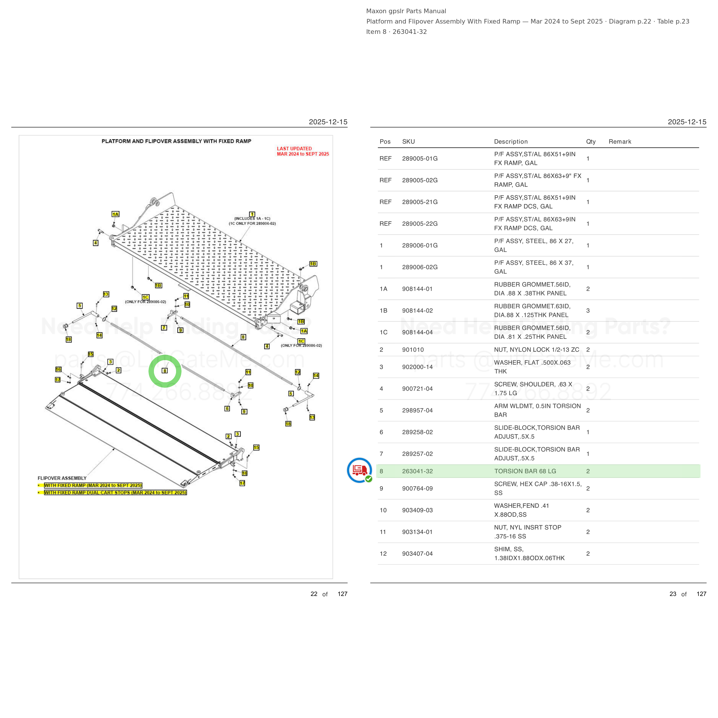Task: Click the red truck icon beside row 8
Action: pos(359,470)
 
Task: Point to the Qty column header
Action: pos(591,142)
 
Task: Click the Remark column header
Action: pos(620,142)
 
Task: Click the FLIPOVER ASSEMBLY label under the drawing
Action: pos(62,478)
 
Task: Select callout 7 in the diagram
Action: pos(164,328)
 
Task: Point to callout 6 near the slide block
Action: pos(227,409)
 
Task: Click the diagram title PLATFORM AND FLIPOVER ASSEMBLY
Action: pos(177,141)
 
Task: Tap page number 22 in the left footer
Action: pos(314,594)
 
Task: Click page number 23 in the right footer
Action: pos(673,594)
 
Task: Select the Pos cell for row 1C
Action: pos(383,332)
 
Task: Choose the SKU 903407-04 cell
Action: pos(417,554)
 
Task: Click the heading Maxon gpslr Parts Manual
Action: pos(406,11)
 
